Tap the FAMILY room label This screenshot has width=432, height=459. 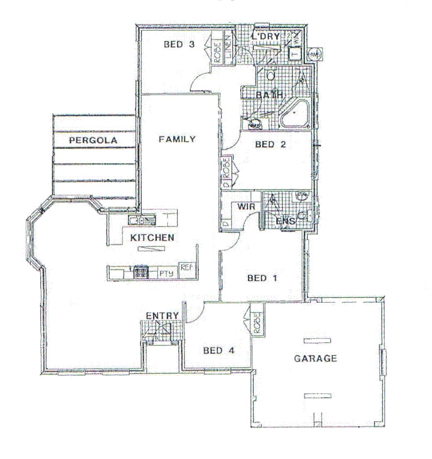tap(177, 139)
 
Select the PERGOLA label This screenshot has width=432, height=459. tap(93, 141)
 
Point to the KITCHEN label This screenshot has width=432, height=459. tap(152, 237)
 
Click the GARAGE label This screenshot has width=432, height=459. tap(315, 358)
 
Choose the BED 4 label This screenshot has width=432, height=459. tap(218, 351)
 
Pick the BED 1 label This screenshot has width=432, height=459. tap(263, 278)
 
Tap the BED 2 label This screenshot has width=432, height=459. tap(271, 144)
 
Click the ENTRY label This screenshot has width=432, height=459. tap(162, 316)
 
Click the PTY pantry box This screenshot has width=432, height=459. tap(166, 274)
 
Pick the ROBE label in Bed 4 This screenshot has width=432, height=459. tap(257, 323)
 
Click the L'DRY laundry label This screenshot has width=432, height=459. tap(265, 37)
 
